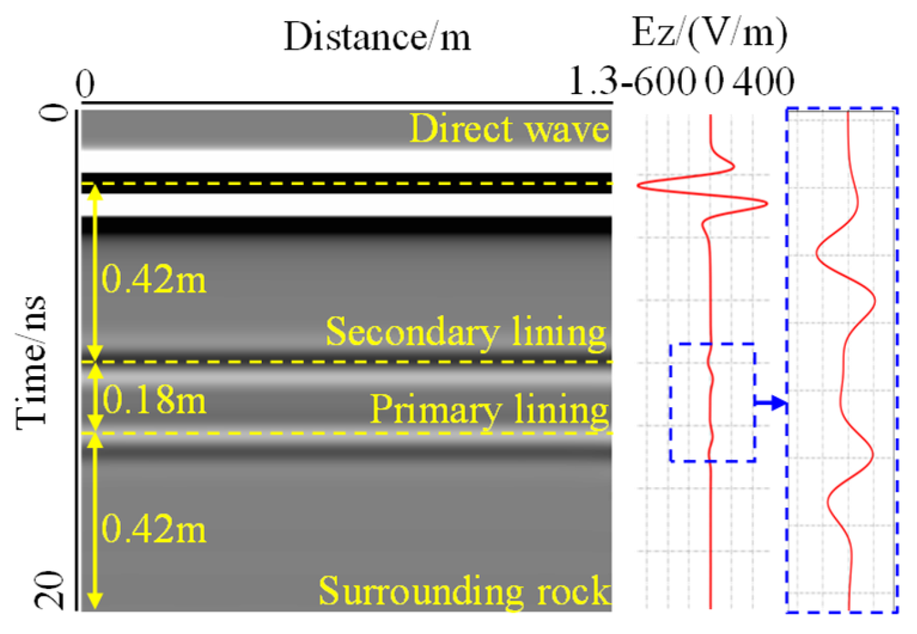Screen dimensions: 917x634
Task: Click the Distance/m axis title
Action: coord(377,37)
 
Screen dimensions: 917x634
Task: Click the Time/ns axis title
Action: coord(32,363)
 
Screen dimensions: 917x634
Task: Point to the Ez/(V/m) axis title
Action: coord(709,32)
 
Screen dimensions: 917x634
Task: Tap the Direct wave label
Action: coord(509,129)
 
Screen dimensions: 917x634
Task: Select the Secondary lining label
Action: coord(466,332)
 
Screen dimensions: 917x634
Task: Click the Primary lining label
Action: coord(489,409)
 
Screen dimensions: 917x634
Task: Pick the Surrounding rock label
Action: coord(464,591)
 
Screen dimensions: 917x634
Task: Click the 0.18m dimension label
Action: coord(154,400)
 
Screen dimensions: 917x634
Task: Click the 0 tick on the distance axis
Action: coord(85,84)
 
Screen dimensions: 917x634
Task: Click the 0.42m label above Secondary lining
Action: coord(154,279)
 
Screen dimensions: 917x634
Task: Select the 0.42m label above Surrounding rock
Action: coord(154,529)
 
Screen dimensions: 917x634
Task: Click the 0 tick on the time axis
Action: coord(57,113)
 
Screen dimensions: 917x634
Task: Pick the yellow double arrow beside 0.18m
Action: coord(95,398)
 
